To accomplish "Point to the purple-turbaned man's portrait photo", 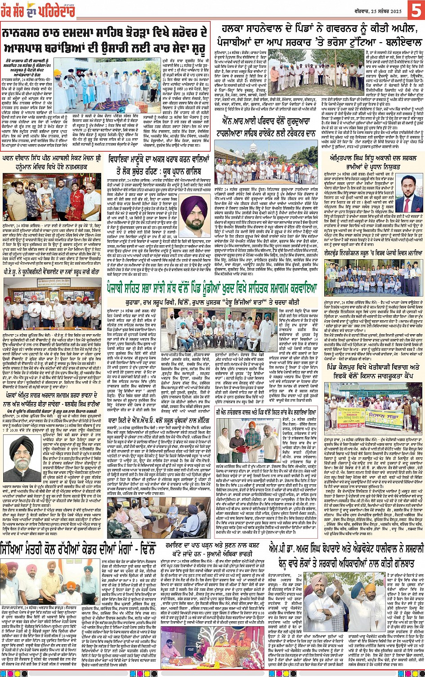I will [197, 216].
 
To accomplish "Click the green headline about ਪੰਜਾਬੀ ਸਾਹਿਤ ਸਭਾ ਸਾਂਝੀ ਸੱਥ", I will [211, 287].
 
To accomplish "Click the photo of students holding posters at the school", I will [373, 278].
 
